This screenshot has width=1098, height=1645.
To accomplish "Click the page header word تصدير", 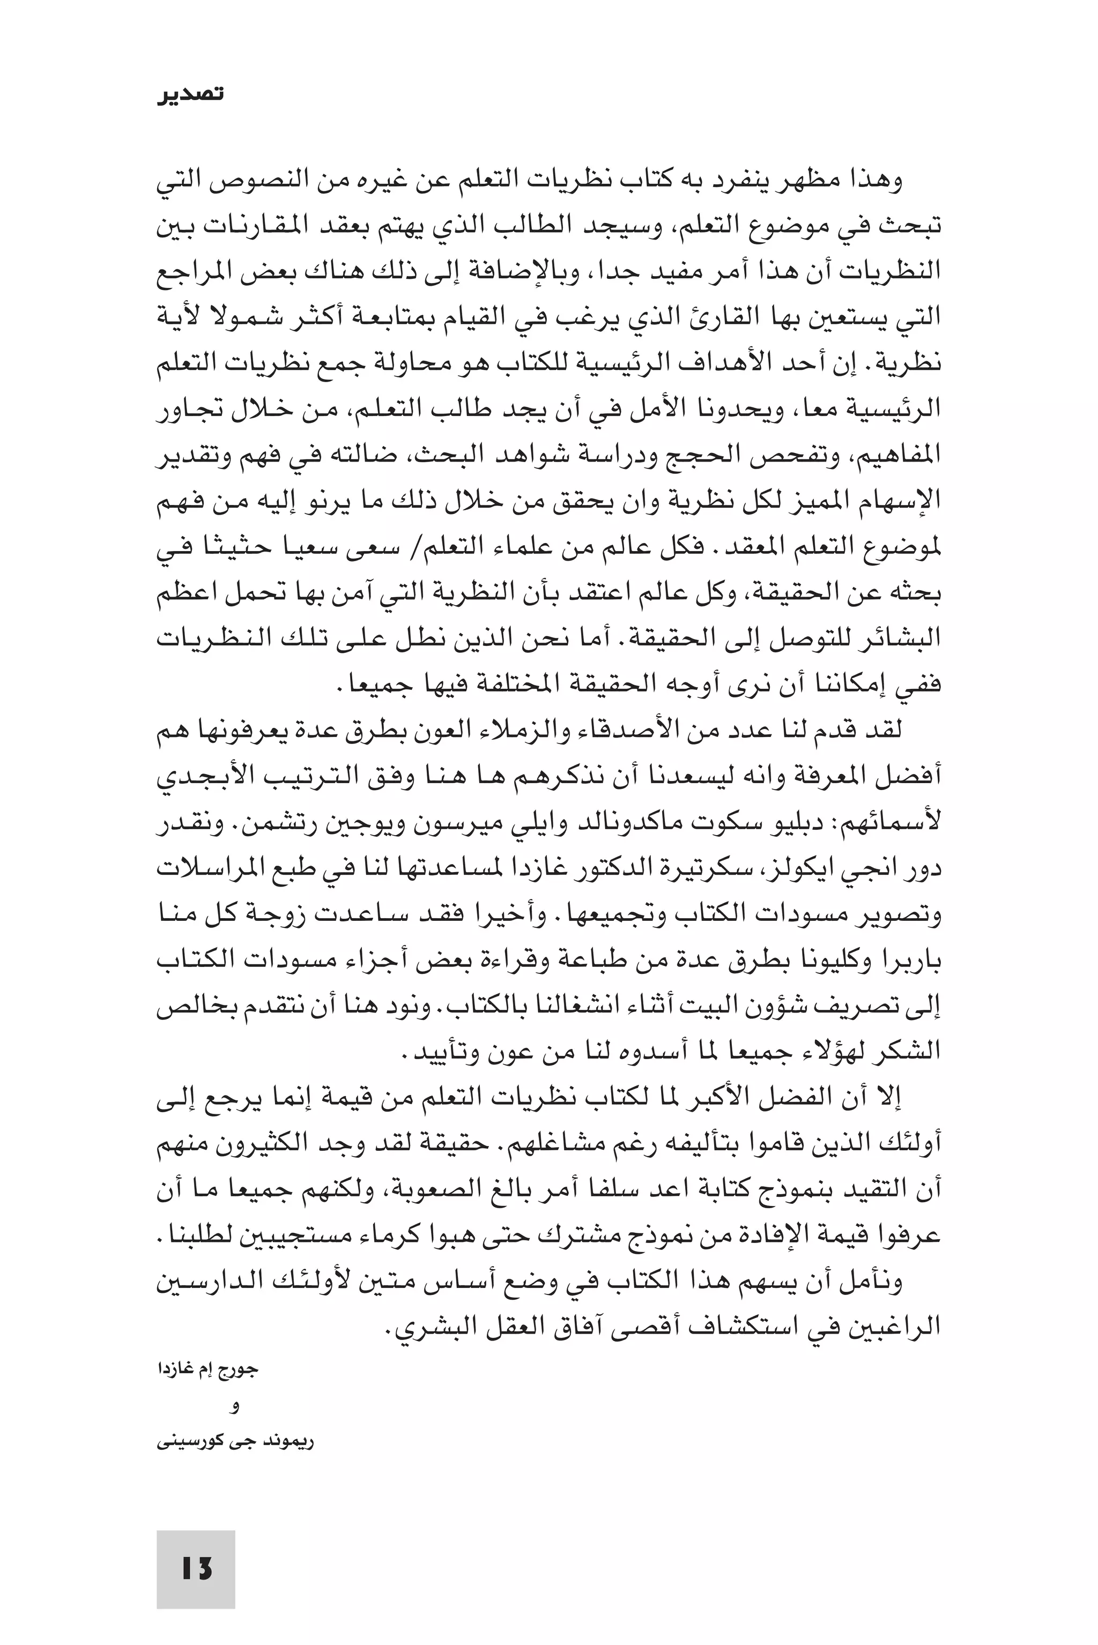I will coord(190,94).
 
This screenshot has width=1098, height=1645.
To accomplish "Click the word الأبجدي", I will coord(196,777).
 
